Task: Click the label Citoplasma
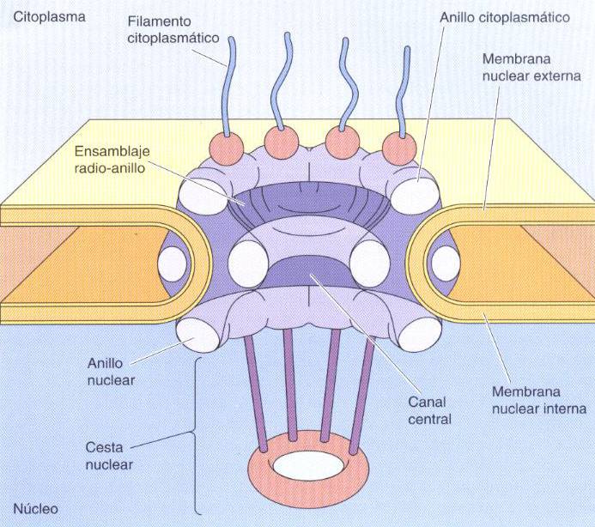[x=49, y=17]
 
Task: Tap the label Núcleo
[x=36, y=508]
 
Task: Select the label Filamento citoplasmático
[x=173, y=29]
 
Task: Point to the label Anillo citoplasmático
[x=505, y=17]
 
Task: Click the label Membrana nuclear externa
[x=531, y=68]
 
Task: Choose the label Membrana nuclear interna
[x=539, y=400]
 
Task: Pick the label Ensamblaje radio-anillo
[x=112, y=160]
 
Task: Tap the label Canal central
[x=429, y=410]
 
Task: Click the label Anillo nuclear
[x=111, y=372]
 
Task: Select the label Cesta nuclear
[x=109, y=456]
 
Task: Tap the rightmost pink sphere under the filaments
[x=399, y=148]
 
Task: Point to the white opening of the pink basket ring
[x=309, y=466]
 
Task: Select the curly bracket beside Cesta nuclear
[x=195, y=435]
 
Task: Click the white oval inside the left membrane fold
[x=172, y=264]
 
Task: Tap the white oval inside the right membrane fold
[x=446, y=263]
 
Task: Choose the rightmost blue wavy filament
[x=403, y=91]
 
